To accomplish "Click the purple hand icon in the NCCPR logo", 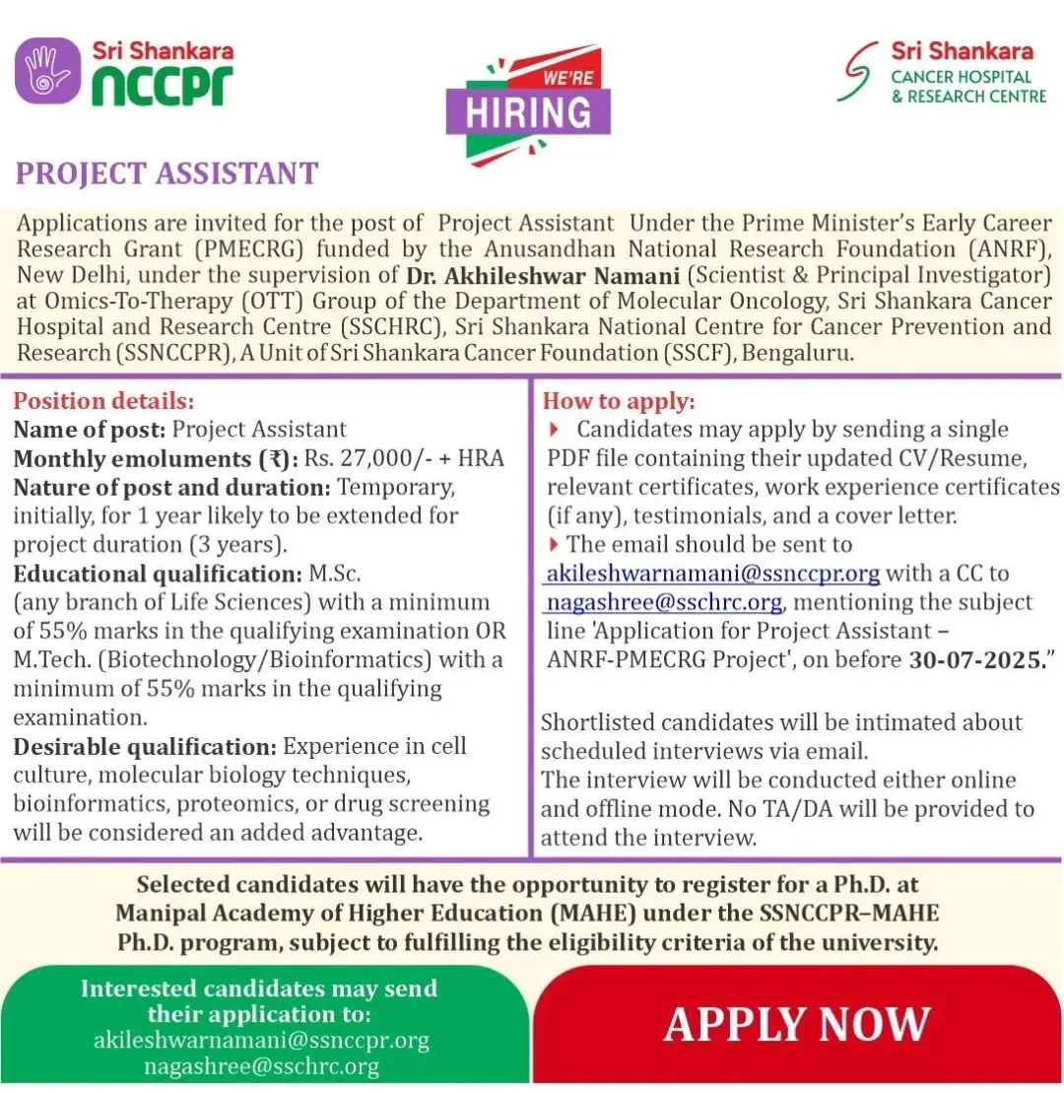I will (x=47, y=71).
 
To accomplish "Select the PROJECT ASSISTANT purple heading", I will (x=166, y=173).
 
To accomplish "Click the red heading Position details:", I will (x=103, y=401).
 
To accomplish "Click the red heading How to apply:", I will (x=619, y=401).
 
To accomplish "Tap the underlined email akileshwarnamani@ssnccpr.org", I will (x=712, y=573).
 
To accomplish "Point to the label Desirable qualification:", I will (x=146, y=746).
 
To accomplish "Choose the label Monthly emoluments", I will (x=136, y=458).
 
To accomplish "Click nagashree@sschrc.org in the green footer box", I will (x=261, y=1065).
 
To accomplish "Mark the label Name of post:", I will (x=91, y=429).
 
